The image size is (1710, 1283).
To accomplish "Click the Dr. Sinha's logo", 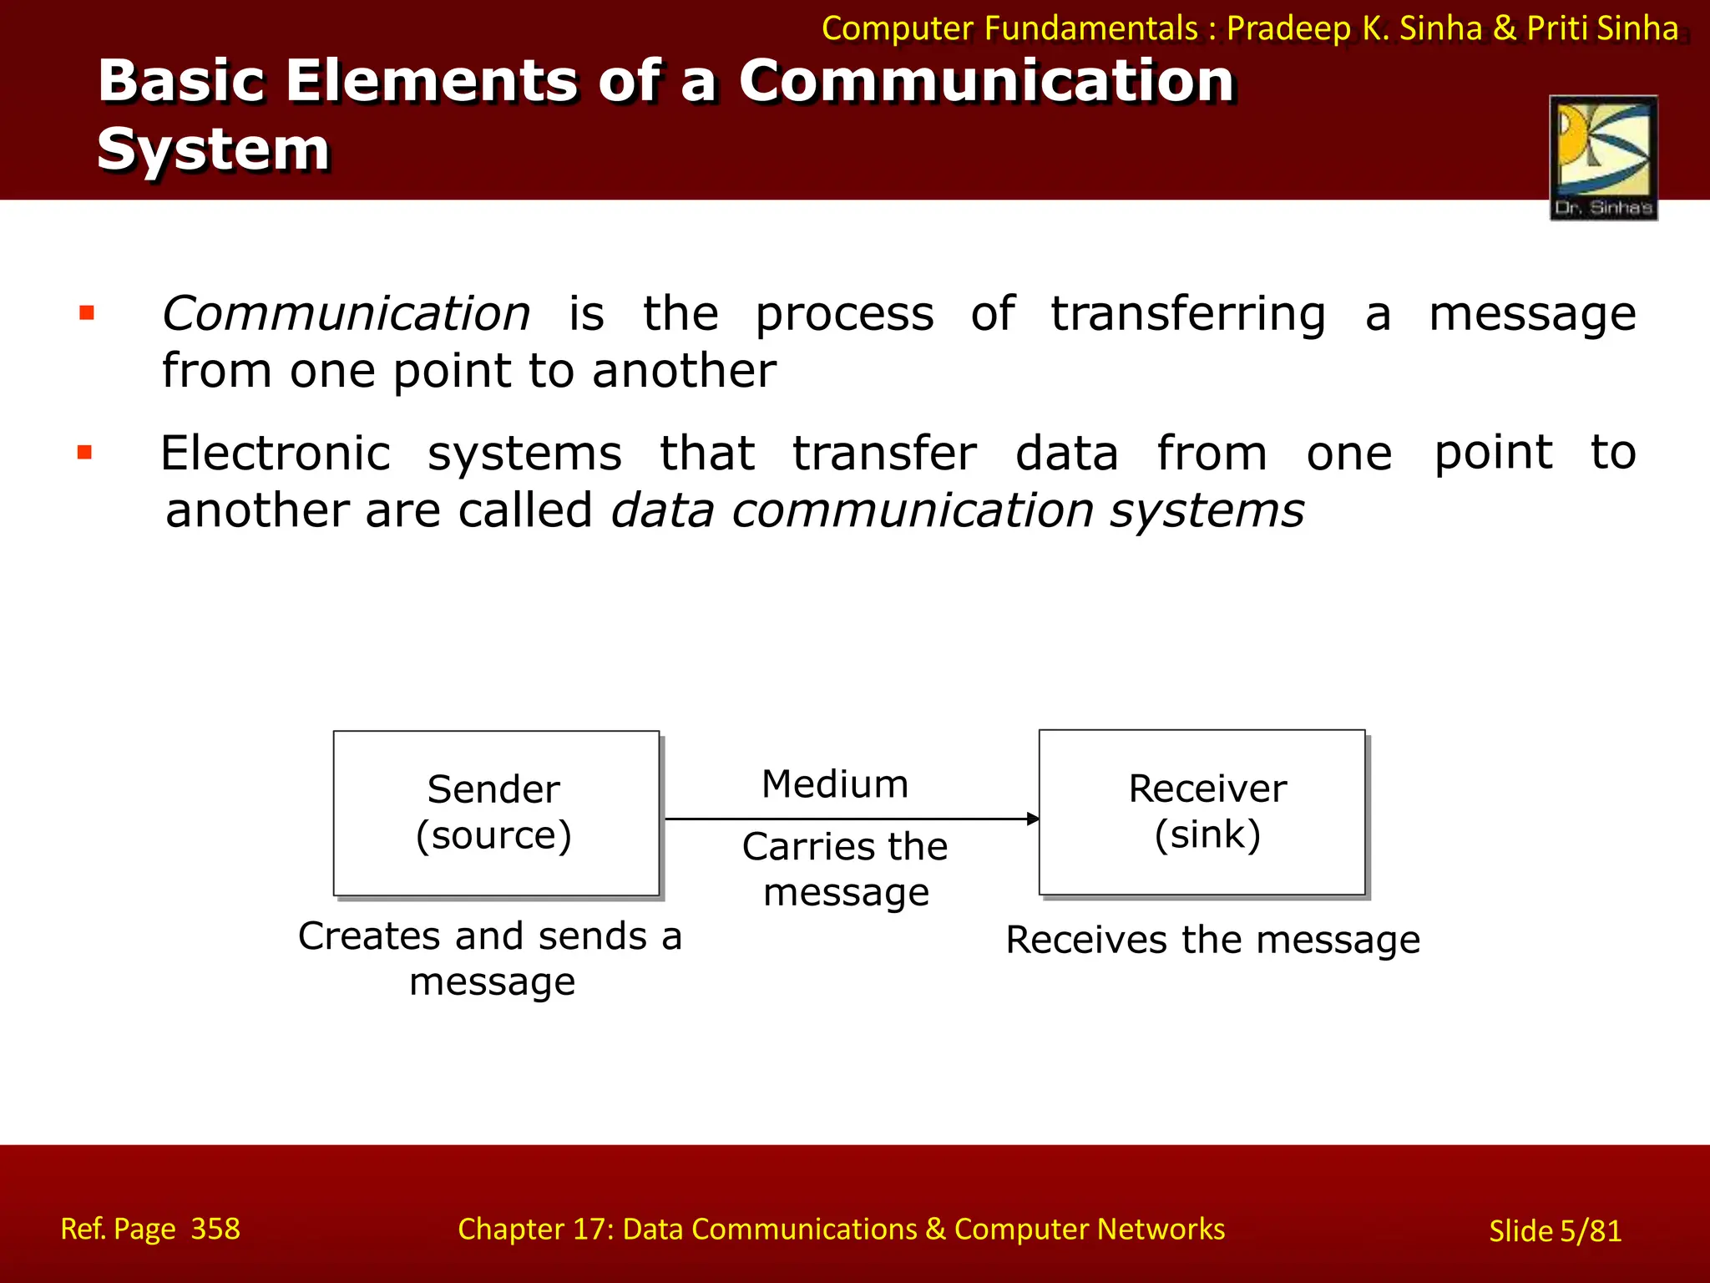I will coord(1603,157).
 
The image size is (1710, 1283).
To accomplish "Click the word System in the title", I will coord(214,150).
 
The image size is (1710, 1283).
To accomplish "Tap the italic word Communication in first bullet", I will coord(346,314).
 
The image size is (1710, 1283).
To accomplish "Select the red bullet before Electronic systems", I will coord(84,454).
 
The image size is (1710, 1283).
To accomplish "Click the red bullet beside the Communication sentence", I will coord(86,314).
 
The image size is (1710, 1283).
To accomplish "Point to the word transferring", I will coord(1187,316).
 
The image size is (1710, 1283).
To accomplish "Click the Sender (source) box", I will coord(496,813).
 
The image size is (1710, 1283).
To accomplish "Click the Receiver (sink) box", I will coord(1202,812).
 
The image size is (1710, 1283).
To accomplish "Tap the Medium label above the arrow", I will coord(835,784).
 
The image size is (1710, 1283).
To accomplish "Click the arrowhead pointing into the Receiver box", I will coord(1033,819).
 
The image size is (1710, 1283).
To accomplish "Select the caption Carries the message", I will coord(845,870).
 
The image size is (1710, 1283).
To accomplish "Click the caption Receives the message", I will coord(1212,940).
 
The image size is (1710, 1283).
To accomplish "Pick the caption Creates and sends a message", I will coord(491,958).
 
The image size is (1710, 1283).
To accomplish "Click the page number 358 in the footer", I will coord(215,1229).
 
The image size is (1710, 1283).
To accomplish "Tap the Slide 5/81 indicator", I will coord(1555,1230).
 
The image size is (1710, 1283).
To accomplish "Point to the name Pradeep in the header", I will coord(1288,28).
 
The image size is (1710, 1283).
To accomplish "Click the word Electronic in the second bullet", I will coord(276,454).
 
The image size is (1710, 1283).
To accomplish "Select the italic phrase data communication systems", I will coord(957,510).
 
